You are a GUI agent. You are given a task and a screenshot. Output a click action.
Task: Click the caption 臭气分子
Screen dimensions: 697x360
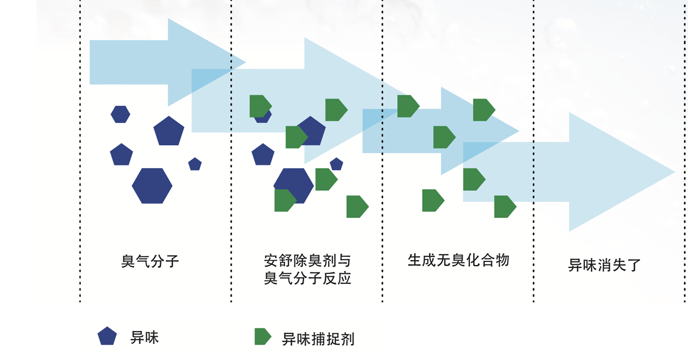pos(150,262)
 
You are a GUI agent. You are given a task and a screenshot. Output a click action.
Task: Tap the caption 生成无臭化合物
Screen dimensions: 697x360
pos(458,260)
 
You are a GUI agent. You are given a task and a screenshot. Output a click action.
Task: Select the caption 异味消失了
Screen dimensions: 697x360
pos(604,265)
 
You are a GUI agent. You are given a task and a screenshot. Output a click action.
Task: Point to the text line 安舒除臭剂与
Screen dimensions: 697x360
pos(307,261)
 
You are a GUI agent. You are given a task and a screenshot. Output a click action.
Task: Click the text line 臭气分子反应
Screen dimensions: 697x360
pos(307,278)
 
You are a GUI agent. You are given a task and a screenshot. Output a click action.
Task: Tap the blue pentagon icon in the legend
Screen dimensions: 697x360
pos(107,336)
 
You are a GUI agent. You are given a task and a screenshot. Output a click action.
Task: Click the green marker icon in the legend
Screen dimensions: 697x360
pos(263,337)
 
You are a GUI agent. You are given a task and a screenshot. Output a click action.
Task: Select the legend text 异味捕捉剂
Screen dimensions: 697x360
pos(318,339)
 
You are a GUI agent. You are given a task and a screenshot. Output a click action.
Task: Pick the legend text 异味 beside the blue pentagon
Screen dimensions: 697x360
pos(144,337)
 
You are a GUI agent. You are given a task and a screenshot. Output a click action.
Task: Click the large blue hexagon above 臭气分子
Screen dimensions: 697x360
pos(152,186)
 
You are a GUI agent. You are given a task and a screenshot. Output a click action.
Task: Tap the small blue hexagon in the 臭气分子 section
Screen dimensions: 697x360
pos(120,114)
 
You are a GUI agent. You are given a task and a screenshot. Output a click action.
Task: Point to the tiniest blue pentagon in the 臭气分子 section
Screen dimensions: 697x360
pos(195,164)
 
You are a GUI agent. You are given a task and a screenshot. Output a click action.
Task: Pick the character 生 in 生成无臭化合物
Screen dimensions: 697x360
pos(415,260)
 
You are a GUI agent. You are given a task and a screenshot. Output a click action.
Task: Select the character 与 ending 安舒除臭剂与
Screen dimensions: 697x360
pos(344,261)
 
